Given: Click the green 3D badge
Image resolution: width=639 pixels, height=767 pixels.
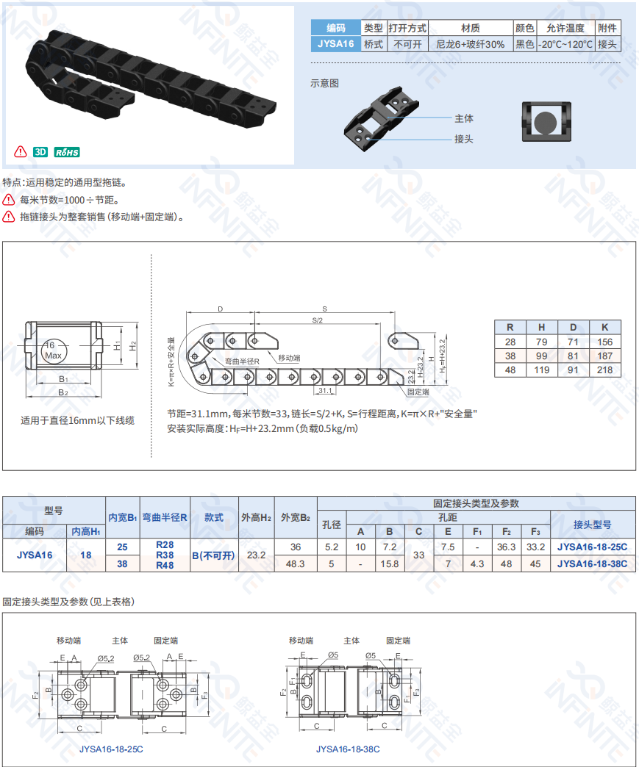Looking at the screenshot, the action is point(40,152).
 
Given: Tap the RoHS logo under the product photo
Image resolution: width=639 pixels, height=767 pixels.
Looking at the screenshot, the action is point(67,152).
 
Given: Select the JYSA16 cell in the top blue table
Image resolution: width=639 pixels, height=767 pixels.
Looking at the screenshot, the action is point(335,44).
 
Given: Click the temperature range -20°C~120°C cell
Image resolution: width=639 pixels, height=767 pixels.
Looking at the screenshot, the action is point(565,44).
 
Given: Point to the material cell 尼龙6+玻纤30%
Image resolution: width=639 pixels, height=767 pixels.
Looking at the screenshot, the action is point(470,44).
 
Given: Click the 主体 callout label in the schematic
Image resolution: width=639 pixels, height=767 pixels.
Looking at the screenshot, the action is point(464,118).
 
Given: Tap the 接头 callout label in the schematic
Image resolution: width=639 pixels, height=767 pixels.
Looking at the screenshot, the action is point(464,139).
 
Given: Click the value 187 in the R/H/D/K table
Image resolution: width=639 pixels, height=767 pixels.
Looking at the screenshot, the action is point(604,356).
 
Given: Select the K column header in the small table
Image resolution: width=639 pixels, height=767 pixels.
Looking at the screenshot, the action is point(604,327).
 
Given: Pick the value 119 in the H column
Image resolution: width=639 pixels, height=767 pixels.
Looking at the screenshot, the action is point(541,370).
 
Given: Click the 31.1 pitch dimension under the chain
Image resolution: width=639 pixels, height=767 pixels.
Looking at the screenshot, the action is point(325,390).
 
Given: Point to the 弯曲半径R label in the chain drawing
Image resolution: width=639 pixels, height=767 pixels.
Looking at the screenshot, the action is point(242,361).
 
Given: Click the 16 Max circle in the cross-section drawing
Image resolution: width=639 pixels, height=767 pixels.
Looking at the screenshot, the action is point(52,350).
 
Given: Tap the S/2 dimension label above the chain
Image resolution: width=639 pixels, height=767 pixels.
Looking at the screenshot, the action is point(318,320).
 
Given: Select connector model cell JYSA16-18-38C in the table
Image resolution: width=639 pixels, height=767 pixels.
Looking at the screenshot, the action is point(592,563).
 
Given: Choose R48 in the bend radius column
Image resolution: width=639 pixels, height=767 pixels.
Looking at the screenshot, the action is point(165,566).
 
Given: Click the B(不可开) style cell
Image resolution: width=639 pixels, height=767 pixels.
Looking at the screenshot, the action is point(213,555).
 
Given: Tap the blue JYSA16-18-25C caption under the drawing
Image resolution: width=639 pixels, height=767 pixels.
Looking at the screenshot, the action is point(111,749).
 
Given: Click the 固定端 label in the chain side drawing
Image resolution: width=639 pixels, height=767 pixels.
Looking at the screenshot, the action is point(418,392).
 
